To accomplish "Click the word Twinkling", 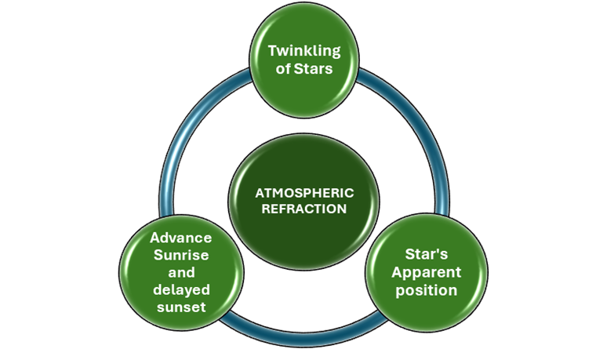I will click(304, 52).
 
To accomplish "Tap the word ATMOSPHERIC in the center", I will click(304, 192).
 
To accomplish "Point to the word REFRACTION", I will click(304, 209).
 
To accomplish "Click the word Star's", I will click(427, 255).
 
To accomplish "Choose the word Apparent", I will click(427, 272).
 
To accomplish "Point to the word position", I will click(427, 290).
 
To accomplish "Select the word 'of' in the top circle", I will click(284, 69).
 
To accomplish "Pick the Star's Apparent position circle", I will click(427, 314).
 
